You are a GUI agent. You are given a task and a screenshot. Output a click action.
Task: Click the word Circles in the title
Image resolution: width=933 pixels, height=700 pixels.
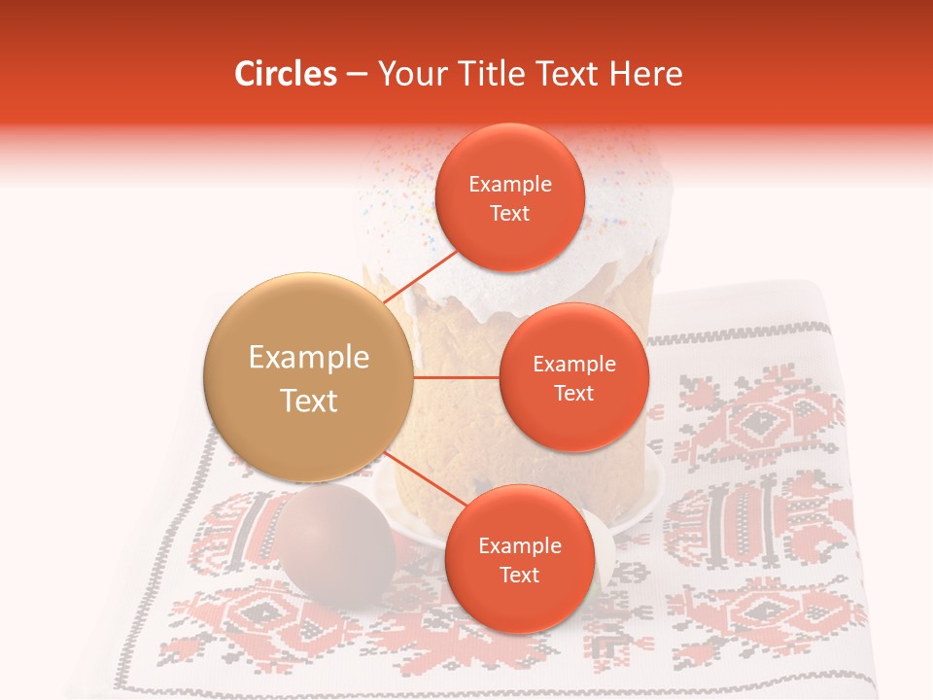tap(286, 74)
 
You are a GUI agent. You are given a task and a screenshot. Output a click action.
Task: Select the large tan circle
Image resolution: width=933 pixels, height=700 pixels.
tap(308, 377)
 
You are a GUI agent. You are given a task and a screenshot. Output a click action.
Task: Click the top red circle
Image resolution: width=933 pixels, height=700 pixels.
tap(510, 197)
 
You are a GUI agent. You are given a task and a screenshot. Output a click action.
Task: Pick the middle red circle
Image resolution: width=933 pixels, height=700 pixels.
tap(573, 377)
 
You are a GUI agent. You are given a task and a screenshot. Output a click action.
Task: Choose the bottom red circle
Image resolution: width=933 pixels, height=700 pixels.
tap(519, 559)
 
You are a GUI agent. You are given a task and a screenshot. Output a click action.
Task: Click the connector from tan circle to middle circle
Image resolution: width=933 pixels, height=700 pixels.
tap(457, 377)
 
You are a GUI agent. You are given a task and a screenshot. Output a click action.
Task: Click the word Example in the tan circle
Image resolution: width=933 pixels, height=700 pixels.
tap(308, 357)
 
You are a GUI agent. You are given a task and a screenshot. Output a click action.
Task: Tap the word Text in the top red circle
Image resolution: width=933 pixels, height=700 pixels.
tap(510, 213)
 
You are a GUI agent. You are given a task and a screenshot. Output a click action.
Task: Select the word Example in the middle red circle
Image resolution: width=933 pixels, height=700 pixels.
tap(573, 364)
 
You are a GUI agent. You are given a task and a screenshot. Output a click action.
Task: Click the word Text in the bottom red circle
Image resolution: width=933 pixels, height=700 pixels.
tap(519, 575)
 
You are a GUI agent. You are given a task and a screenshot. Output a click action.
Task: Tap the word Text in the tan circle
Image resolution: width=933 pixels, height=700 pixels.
tap(308, 400)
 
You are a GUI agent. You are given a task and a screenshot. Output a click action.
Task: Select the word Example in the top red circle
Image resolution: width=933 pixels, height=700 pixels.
tap(510, 184)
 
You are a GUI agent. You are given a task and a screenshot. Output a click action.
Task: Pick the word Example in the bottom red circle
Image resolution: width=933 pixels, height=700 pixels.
tap(519, 545)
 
